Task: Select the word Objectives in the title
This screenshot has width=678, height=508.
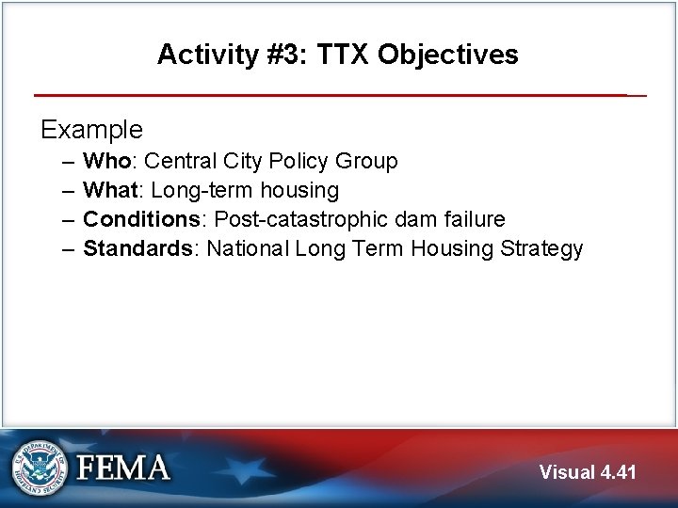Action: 447,55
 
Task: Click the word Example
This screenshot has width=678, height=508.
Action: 91,129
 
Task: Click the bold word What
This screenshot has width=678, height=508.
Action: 111,191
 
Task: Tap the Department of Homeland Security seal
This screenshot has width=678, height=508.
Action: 40,468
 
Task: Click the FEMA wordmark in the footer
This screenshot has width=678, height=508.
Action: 123,468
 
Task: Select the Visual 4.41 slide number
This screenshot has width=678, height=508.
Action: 588,472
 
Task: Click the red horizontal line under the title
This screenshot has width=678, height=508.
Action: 330,95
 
